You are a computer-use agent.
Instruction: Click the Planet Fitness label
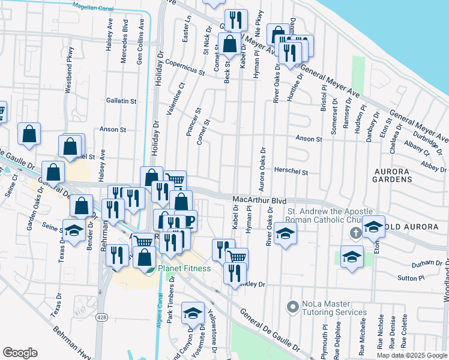coord(184,268)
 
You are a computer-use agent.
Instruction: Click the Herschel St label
coord(291,172)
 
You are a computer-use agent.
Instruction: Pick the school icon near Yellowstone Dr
coord(192,313)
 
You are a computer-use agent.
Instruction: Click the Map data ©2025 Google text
coord(411,355)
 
